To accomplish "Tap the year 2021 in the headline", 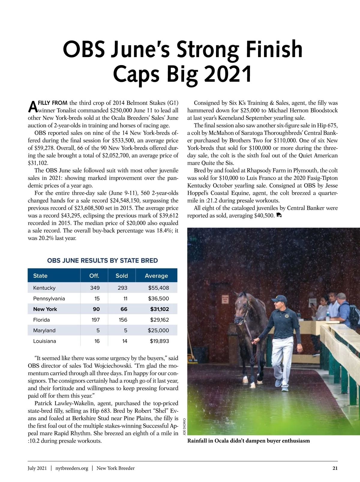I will pos(228,74).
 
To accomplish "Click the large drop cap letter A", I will pos(32,107).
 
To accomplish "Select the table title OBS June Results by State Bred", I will pos(102,261).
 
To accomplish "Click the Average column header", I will pos(156,276).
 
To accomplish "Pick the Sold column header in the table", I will pos(121,276).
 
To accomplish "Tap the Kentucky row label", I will pos(44,288).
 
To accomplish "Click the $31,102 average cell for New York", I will pos(160,309).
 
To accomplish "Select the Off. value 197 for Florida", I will pos(96,320).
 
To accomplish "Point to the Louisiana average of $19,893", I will pos(159,341).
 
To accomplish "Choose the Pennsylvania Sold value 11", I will pos(125,299).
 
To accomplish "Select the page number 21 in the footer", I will pos(335,468).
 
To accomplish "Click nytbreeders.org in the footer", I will pos(72,468).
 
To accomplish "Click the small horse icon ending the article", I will pos(279,215).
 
